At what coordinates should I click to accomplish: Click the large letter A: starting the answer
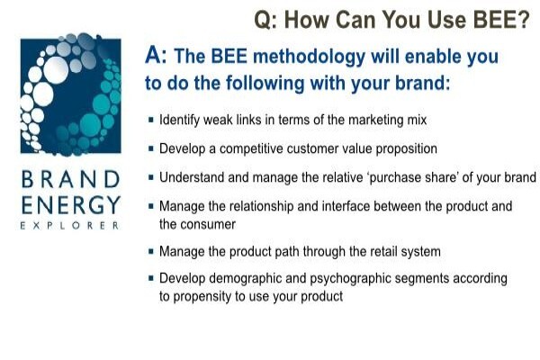click(x=156, y=55)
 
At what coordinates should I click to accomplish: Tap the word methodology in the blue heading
click(x=309, y=58)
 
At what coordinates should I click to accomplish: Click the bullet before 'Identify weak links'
click(x=151, y=120)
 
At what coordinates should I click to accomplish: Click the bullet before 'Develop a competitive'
click(x=151, y=148)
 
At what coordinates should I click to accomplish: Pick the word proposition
click(x=406, y=149)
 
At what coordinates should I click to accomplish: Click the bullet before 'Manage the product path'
click(x=151, y=251)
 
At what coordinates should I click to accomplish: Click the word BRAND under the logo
click(x=70, y=179)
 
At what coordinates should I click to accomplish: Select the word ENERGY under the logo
click(x=71, y=204)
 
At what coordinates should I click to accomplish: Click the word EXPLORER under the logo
click(x=69, y=226)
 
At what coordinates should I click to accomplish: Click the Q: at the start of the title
click(x=265, y=20)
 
